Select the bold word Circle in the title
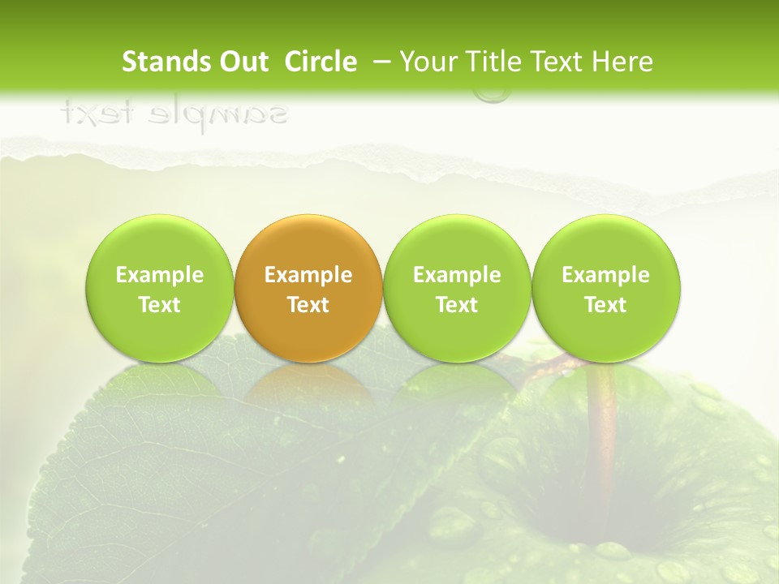[x=321, y=62]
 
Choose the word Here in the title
[x=622, y=62]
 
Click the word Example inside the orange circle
[x=308, y=275]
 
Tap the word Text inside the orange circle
[x=308, y=305]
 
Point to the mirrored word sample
[x=220, y=114]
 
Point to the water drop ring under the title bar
[x=492, y=96]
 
